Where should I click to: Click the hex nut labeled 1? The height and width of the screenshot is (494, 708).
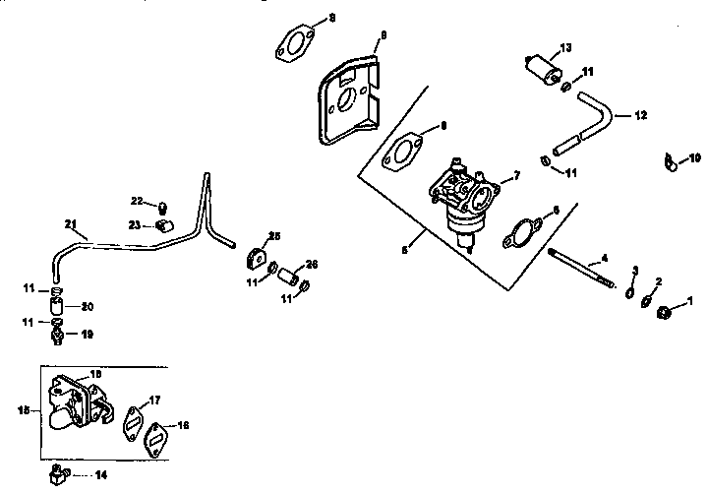point(663,314)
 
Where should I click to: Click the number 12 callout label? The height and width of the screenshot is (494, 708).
point(640,115)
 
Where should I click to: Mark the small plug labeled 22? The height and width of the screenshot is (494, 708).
point(162,205)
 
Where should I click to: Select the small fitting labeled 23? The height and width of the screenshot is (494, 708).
point(166,224)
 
